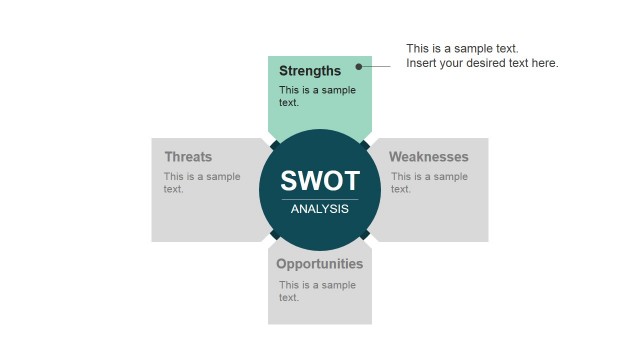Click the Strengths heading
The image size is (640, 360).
pos(310,71)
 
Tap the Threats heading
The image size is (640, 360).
pos(188,157)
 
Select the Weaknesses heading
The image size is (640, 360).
pos(429,157)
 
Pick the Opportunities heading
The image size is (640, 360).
pos(319,264)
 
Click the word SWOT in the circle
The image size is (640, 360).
pos(320,181)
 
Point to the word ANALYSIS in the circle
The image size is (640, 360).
pos(320,209)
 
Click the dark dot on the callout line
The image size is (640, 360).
pos(359,67)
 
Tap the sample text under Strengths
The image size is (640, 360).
pos(317,96)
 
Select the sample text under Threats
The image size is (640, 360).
pos(202,183)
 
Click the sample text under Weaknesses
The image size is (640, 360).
pos(429,183)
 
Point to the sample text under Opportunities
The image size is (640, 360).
pos(317,291)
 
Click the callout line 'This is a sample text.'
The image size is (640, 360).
pos(462,48)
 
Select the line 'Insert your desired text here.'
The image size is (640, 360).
pos(482,64)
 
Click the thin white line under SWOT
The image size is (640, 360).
pos(320,199)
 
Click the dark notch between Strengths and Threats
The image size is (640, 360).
pos(275,145)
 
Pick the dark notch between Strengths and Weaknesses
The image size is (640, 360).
pos(365,145)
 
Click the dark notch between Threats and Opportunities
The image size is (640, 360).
pos(275,235)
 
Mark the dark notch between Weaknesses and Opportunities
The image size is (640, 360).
pos(365,235)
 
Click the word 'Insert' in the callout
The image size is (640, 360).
pos(421,64)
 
